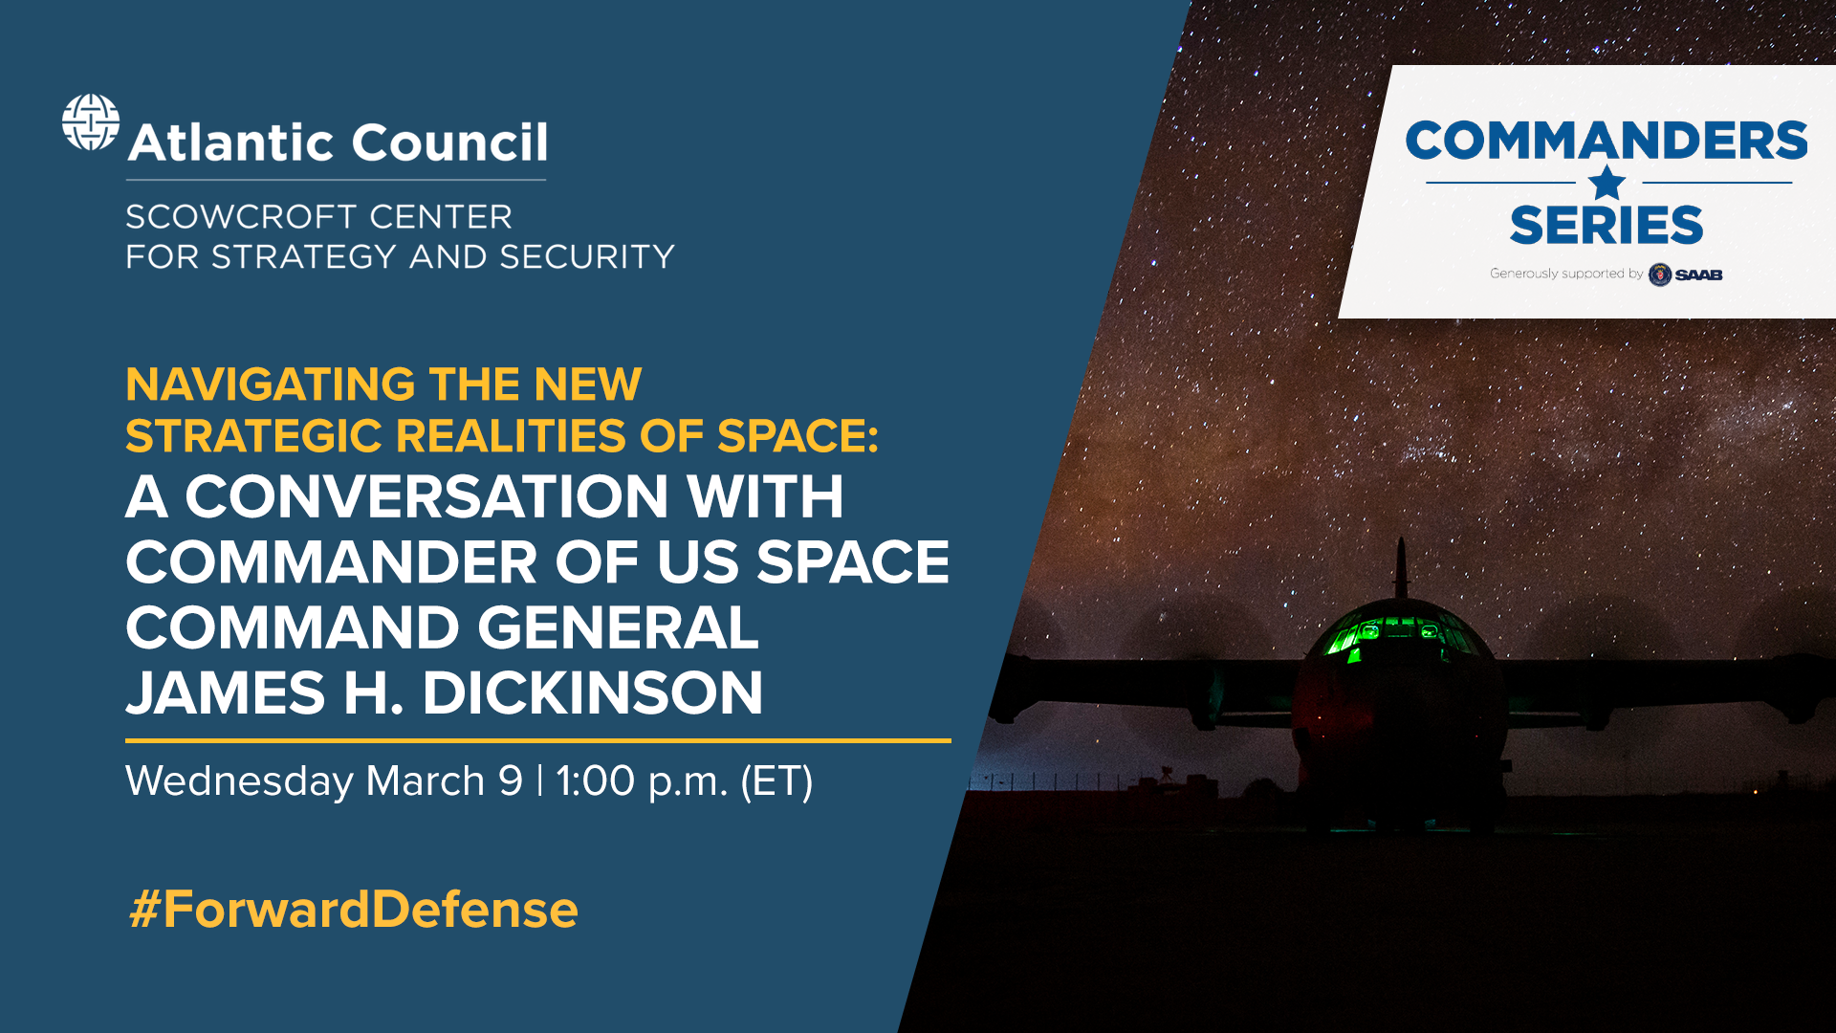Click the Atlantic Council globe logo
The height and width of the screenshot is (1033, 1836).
tap(91, 122)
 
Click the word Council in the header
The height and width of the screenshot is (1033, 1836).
tap(449, 143)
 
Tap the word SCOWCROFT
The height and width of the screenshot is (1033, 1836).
tap(242, 217)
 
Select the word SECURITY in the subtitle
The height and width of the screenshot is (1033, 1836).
tap(587, 257)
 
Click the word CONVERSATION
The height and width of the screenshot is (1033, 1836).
tap(426, 497)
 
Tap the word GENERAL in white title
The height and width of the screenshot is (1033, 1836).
tap(618, 628)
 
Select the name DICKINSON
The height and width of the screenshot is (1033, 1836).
tap(593, 693)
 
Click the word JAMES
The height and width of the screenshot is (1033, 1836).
tap(226, 693)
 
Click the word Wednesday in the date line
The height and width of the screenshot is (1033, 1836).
tap(239, 781)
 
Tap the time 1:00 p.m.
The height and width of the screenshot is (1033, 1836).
tap(642, 781)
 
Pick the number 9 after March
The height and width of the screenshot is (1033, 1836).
tap(511, 780)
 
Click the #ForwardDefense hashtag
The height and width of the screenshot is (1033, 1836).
tap(354, 910)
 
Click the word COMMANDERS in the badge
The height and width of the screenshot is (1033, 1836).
tap(1606, 142)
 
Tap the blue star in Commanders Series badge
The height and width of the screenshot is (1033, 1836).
tap(1607, 183)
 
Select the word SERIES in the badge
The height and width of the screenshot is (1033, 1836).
tap(1606, 226)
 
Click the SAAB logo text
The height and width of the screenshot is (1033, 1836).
tap(1698, 275)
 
